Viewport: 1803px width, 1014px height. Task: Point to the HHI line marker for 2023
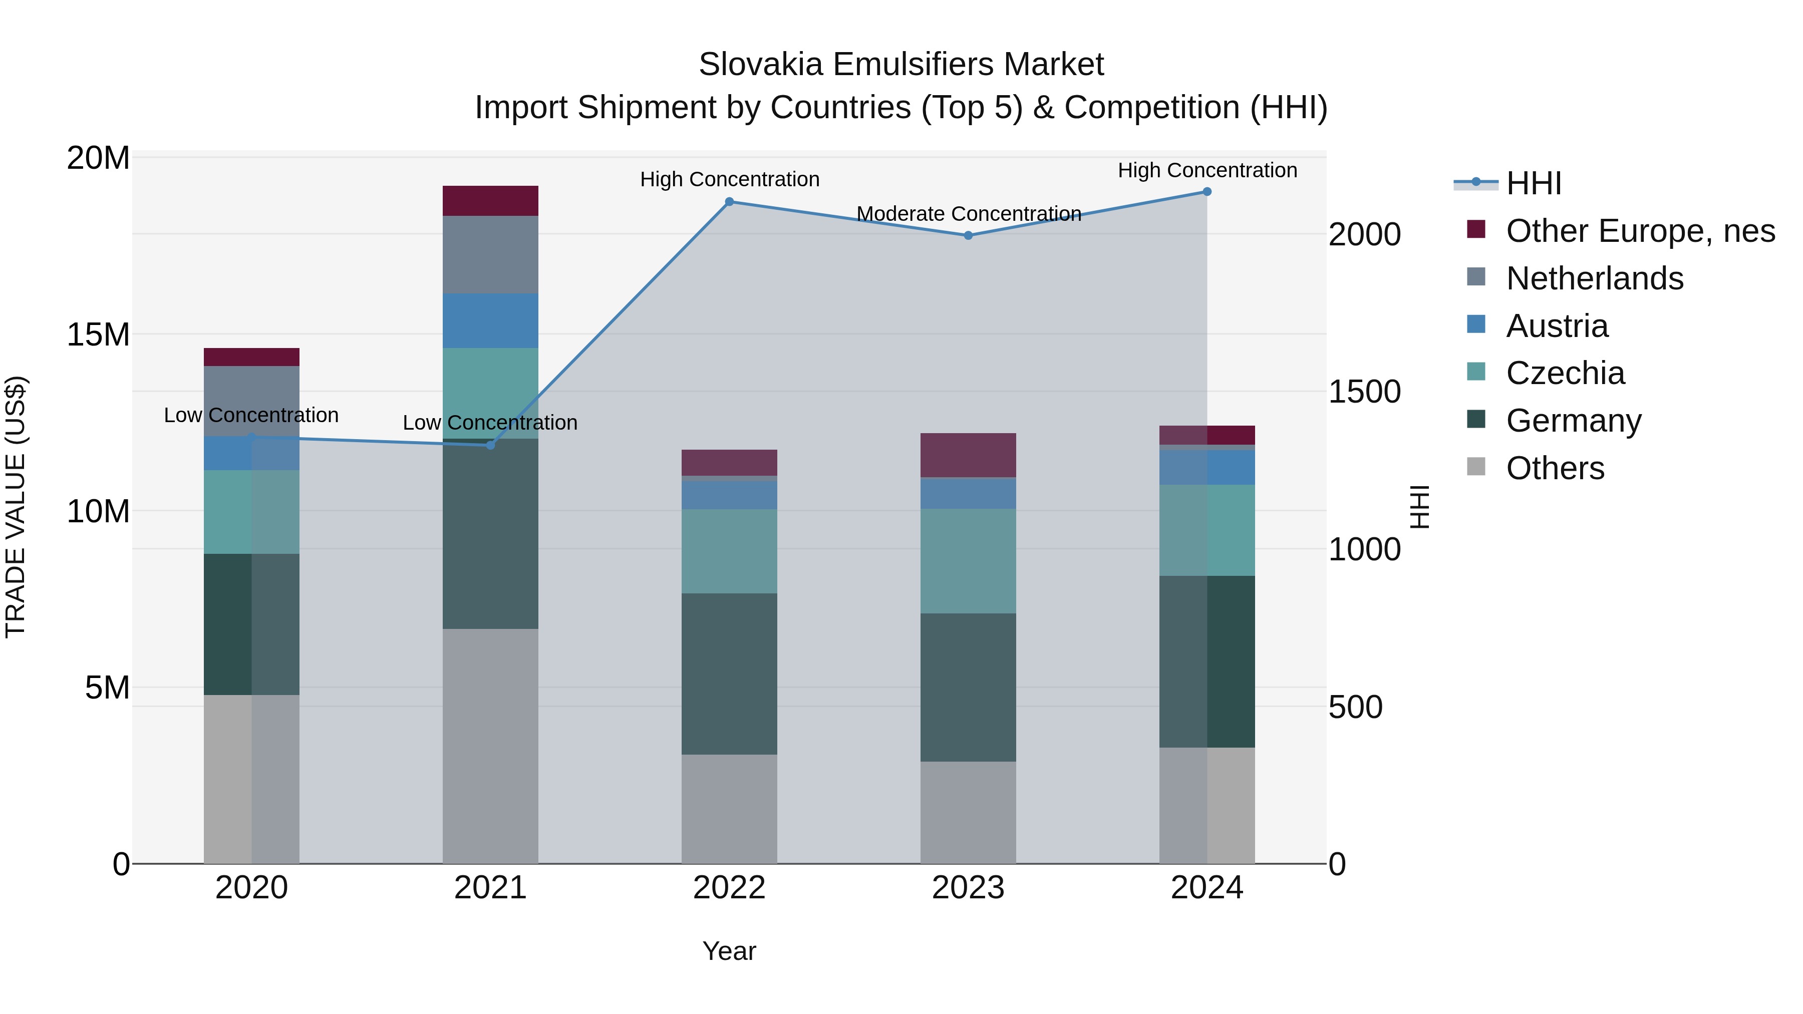coord(968,236)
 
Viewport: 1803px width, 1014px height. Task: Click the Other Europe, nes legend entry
coord(1640,231)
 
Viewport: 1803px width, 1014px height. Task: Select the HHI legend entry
coord(1533,183)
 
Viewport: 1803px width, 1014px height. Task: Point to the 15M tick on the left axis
coord(98,334)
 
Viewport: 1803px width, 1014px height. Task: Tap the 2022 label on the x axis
coord(729,887)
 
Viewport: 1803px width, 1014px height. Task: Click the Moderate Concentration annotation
coord(969,213)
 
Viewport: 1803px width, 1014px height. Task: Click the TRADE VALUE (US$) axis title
coord(16,507)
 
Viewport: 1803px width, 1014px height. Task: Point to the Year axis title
coord(729,951)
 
